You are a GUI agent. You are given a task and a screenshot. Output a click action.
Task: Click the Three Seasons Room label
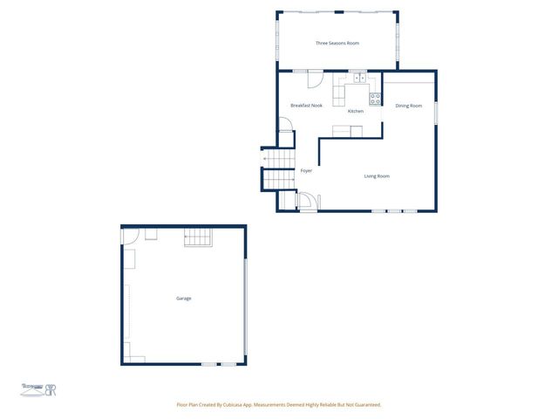click(337, 43)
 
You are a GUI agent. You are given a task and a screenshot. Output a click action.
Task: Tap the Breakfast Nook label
click(306, 106)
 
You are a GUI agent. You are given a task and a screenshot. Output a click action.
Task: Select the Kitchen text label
click(356, 112)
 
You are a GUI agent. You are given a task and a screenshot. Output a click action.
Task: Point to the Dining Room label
click(408, 106)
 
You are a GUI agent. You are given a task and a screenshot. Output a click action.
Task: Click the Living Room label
click(377, 176)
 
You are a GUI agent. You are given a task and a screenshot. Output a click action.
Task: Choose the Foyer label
click(306, 171)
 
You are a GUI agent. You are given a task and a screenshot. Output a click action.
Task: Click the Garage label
click(183, 299)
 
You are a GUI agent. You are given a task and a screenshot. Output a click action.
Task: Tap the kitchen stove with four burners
click(375, 98)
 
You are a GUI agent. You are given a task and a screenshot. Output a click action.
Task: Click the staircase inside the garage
click(198, 237)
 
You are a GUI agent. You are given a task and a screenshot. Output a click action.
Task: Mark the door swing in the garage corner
click(130, 235)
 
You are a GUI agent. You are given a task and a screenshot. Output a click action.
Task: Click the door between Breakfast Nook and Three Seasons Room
click(316, 79)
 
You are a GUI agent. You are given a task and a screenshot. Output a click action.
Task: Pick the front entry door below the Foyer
click(309, 203)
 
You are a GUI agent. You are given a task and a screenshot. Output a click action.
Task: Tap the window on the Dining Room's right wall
click(436, 113)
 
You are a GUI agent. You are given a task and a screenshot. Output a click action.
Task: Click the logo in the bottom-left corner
click(39, 388)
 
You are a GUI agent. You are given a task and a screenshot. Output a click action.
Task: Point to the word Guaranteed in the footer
click(364, 405)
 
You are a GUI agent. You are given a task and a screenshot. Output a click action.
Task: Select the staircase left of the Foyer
click(279, 168)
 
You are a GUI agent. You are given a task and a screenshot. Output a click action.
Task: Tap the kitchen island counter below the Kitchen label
click(347, 132)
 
